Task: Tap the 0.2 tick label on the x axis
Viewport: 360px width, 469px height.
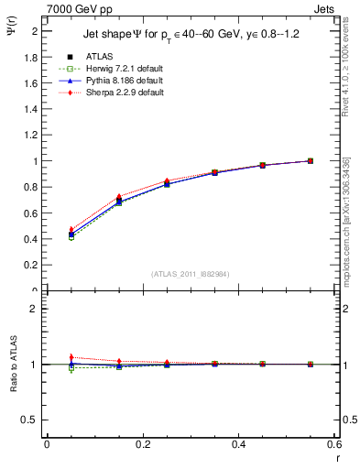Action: pos(142,445)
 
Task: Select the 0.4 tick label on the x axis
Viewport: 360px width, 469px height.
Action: pos(238,445)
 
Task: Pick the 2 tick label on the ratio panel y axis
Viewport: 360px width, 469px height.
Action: pos(35,309)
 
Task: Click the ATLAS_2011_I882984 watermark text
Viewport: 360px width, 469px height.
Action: pos(190,273)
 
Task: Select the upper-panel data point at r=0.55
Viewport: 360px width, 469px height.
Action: pos(311,161)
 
